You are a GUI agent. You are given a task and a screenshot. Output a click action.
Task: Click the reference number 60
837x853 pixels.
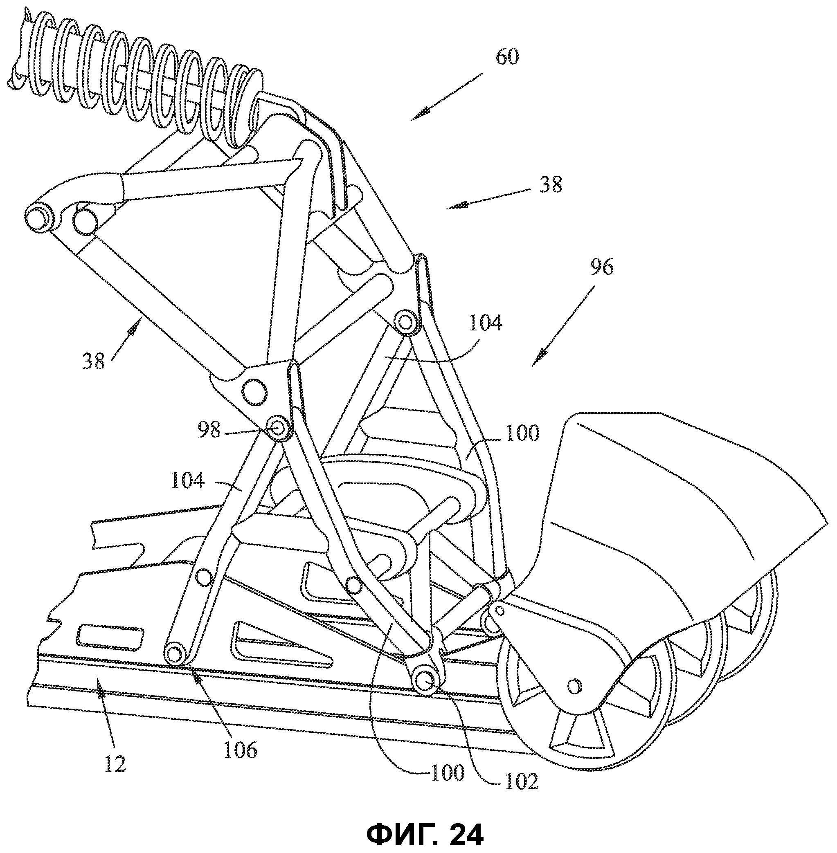(507, 57)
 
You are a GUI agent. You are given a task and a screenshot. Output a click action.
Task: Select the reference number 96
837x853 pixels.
(601, 267)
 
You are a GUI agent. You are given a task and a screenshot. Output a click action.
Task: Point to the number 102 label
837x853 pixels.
(522, 781)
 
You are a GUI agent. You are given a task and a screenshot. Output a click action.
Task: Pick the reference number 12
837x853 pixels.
(115, 763)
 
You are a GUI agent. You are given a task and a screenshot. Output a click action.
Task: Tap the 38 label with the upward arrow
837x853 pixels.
(93, 361)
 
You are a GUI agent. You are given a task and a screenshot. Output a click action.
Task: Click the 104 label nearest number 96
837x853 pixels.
(486, 323)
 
